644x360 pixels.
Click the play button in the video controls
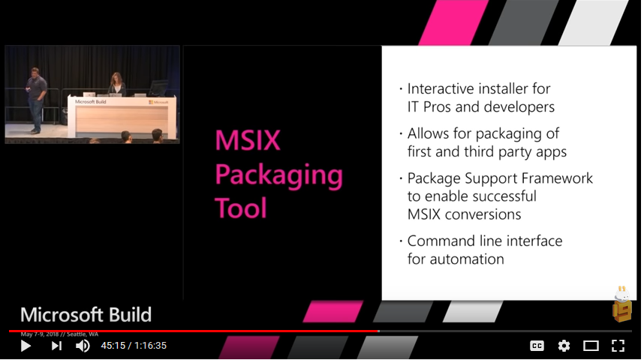coord(26,346)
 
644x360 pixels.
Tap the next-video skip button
coord(56,346)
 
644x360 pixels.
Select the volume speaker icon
coord(83,346)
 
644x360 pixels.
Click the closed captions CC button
coord(537,346)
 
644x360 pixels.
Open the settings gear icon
coord(564,346)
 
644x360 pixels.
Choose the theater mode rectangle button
coord(591,346)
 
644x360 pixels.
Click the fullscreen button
coord(618,346)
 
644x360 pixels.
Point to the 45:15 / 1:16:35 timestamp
coord(134,346)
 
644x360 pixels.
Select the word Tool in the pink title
coord(241,208)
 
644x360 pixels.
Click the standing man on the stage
coord(35,97)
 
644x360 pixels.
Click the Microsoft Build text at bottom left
coord(86,314)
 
